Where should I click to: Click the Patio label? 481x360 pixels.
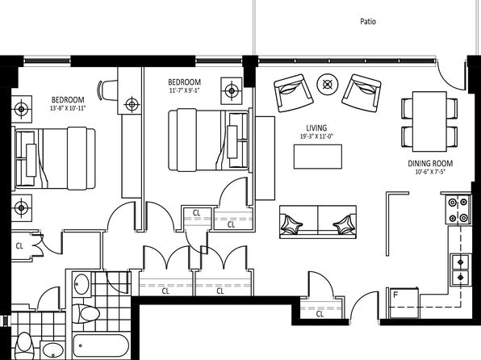[x=368, y=22]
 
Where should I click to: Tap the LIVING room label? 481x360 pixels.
[x=316, y=128]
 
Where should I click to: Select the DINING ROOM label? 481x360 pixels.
[x=430, y=164]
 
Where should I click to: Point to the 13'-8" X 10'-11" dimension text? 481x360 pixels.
[x=68, y=108]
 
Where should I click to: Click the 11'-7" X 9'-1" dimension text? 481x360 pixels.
[x=184, y=90]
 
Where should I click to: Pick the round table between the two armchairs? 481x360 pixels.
[x=328, y=84]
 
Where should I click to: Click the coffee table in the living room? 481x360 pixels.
[x=318, y=157]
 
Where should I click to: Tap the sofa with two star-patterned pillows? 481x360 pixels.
[x=318, y=222]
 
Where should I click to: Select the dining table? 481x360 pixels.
[x=429, y=121]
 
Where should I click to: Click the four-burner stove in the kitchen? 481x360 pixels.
[x=458, y=210]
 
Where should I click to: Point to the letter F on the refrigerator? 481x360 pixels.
[x=395, y=295]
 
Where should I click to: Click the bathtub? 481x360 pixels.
[x=101, y=345]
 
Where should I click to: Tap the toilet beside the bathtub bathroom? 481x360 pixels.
[x=86, y=314]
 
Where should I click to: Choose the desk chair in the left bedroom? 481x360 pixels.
[x=107, y=90]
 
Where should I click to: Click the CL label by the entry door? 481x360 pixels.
[x=320, y=314]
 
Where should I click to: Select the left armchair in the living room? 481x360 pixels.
[x=294, y=93]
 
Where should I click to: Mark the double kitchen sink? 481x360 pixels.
[x=461, y=270]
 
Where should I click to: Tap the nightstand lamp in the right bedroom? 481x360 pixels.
[x=232, y=90]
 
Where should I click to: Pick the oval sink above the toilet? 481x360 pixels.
[x=81, y=284]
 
